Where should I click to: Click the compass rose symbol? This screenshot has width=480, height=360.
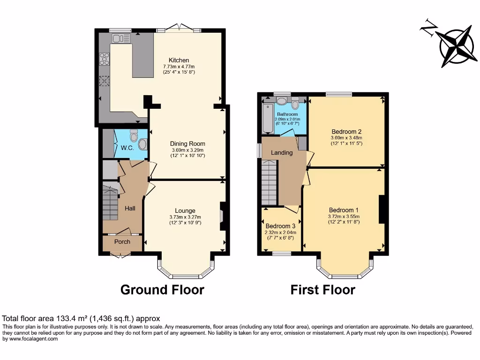(455, 48)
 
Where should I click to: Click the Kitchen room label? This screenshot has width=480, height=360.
(179, 60)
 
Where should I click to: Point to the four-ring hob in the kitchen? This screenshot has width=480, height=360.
(104, 59)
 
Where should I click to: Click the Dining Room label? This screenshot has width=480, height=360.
(187, 144)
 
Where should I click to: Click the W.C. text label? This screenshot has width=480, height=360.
(127, 148)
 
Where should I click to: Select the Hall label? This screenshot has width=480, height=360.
(130, 208)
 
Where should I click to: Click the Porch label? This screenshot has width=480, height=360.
(122, 242)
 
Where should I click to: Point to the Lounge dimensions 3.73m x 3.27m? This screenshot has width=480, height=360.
(185, 217)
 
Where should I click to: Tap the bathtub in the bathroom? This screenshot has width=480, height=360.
(267, 118)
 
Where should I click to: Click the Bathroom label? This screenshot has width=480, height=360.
(287, 114)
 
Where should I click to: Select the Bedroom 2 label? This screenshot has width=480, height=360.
(346, 132)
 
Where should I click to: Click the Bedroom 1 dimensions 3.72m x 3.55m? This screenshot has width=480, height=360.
(344, 217)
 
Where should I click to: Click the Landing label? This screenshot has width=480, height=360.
(282, 152)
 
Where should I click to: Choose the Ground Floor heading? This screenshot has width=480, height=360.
(162, 290)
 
